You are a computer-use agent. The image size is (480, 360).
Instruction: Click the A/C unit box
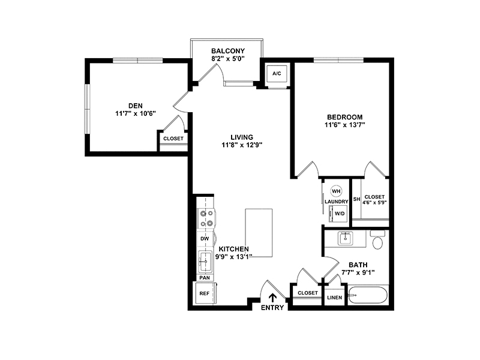click(277, 73)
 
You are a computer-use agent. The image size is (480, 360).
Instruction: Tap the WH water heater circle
click(336, 191)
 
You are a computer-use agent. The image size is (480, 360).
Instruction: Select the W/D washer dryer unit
click(338, 214)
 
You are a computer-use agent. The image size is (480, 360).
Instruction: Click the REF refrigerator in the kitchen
click(206, 293)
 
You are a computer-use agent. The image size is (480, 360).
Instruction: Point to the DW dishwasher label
click(205, 239)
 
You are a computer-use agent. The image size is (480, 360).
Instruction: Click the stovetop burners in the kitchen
click(206, 218)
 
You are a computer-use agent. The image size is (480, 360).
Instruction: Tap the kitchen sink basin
click(205, 262)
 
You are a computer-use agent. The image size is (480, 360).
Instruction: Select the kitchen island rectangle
click(259, 233)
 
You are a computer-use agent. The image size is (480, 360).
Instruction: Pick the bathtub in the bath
click(368, 295)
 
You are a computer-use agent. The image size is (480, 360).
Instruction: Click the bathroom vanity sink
click(346, 238)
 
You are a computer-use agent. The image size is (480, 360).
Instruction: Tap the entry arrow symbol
click(272, 298)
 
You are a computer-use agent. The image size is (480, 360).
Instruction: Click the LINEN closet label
click(335, 298)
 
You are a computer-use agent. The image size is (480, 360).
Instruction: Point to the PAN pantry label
click(205, 278)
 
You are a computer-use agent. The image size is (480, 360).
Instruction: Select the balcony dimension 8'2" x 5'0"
click(228, 58)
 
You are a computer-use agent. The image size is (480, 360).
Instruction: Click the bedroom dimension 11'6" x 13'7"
click(345, 125)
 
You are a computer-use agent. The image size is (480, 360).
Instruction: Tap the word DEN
click(136, 106)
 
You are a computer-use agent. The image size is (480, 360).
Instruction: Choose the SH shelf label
click(356, 199)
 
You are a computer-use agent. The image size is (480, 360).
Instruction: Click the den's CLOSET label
click(173, 139)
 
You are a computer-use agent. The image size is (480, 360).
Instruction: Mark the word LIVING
click(242, 137)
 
